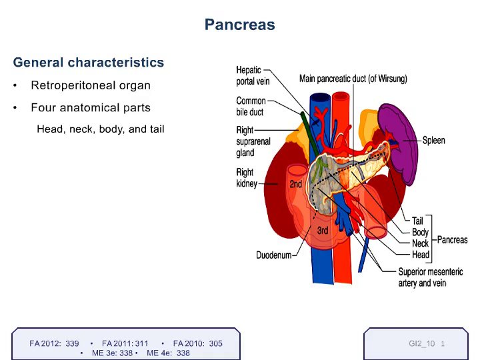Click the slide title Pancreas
point(240,25)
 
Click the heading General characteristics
point(89,63)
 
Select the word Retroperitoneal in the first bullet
point(73,85)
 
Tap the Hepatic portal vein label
point(253,75)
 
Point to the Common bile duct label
point(251,106)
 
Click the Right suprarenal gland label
point(253,141)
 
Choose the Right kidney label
point(247,177)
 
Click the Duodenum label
point(274,255)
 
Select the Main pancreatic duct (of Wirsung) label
point(353,79)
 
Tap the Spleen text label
point(433,140)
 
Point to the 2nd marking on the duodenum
point(296,184)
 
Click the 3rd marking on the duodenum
point(323,230)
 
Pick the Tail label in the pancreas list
point(417,221)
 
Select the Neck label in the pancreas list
point(420,243)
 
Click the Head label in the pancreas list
point(421,255)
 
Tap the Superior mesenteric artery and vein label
point(431,277)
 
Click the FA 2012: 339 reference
point(54,343)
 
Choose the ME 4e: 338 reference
point(168,353)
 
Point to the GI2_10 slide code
point(421,343)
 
